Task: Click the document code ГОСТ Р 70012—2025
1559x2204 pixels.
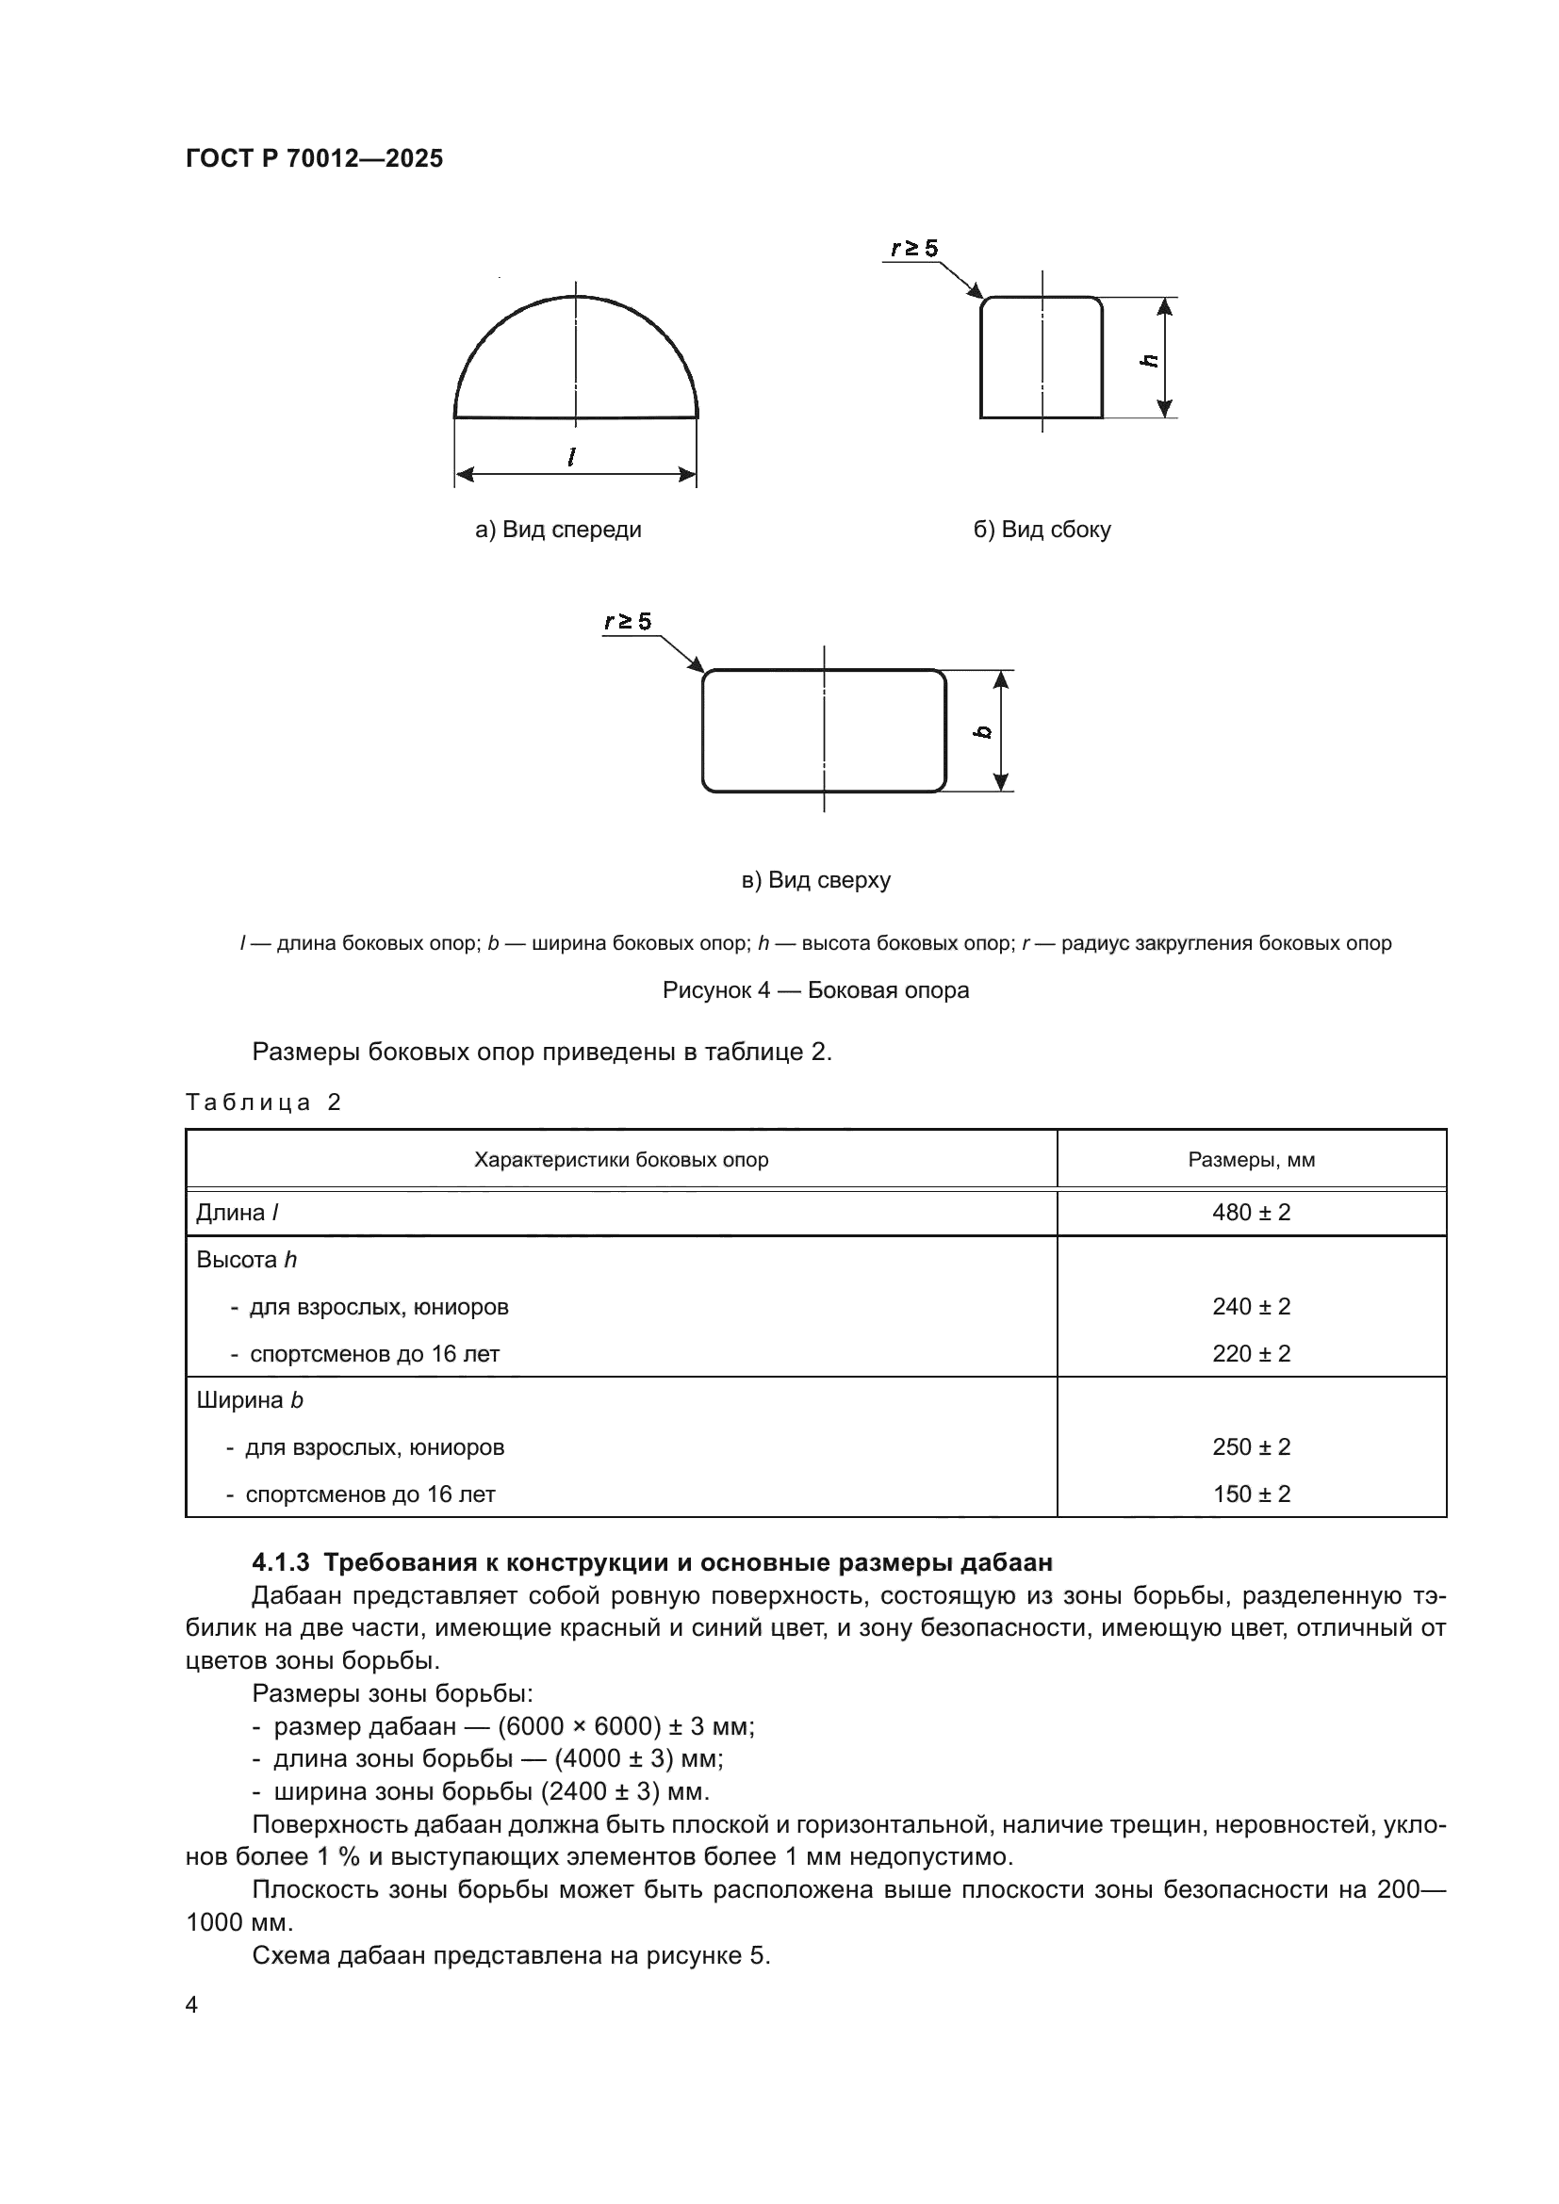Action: pos(314,158)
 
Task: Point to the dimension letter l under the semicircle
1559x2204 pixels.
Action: pos(572,458)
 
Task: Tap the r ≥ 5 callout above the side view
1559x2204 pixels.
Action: pos(913,249)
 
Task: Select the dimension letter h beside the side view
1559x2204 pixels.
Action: pos(1149,361)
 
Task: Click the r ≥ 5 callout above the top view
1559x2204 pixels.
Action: pos(628,622)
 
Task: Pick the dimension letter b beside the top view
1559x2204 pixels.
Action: pos(982,731)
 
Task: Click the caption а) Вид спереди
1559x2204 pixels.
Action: pos(558,530)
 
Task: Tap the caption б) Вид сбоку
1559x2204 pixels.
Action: pos(1042,530)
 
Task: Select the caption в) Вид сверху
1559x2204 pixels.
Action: pos(816,880)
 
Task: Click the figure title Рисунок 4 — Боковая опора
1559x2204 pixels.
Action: pos(815,990)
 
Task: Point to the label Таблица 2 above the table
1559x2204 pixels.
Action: pos(263,1102)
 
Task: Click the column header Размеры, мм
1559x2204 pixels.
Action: pos(1251,1160)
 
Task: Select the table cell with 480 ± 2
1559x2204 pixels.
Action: pos(1251,1213)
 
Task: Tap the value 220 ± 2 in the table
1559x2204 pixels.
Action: pos(1251,1353)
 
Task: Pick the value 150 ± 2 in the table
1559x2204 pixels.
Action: pos(1251,1494)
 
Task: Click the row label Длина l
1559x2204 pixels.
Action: pos(238,1213)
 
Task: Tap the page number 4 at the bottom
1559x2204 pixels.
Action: pos(191,2005)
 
